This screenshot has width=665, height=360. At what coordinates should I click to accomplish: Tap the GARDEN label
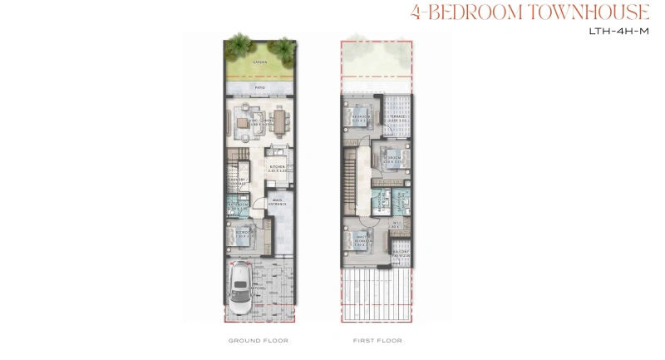click(x=260, y=62)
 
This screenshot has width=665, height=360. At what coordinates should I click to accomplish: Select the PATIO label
click(x=260, y=86)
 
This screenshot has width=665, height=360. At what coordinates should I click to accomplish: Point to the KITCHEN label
click(x=277, y=168)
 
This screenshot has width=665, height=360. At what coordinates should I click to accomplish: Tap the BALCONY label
click(x=401, y=252)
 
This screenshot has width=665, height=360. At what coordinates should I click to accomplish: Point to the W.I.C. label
click(x=399, y=225)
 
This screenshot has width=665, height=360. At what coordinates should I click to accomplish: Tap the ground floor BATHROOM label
click(x=237, y=203)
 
